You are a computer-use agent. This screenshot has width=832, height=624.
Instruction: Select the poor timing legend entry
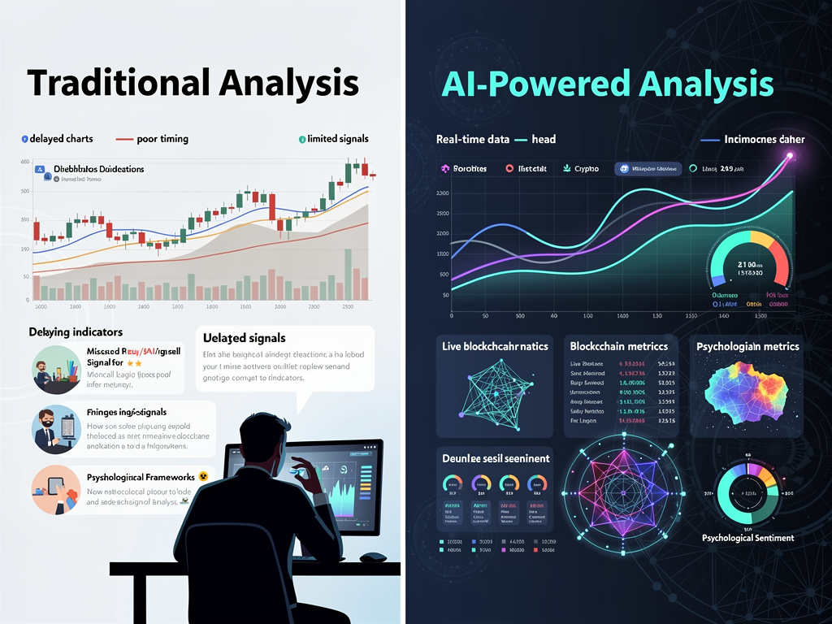pos(162,139)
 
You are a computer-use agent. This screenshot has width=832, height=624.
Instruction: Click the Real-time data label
pos(472,139)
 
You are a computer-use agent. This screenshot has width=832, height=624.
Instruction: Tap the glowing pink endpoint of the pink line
pos(787,157)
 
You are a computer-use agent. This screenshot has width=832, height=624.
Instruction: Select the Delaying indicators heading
pos(76,332)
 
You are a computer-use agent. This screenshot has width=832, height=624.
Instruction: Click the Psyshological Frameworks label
pos(140,476)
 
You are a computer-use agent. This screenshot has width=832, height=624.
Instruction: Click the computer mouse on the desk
pos(373,557)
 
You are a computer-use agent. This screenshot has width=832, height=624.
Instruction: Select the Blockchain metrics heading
pos(618,346)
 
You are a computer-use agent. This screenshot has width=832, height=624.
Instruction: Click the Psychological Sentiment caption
pos(747,538)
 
